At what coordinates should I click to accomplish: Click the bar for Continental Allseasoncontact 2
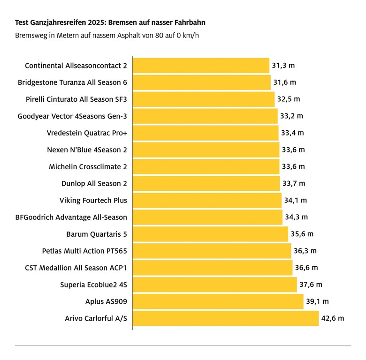(x=201, y=66)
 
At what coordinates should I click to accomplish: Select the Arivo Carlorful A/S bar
(x=225, y=319)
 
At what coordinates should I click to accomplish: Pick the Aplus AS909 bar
(x=218, y=302)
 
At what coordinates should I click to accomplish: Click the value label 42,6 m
(x=333, y=319)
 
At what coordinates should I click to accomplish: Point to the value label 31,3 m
(x=283, y=66)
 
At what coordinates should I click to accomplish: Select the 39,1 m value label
(x=317, y=302)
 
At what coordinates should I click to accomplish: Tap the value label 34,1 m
(x=296, y=201)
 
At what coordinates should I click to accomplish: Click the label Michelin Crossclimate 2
(x=88, y=167)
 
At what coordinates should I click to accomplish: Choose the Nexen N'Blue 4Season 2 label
(x=87, y=150)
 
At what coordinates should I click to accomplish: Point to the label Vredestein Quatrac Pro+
(x=87, y=133)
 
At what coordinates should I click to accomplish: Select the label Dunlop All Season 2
(x=94, y=184)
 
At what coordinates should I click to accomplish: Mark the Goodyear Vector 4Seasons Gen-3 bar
(x=205, y=116)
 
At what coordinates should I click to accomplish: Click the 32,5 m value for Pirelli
(x=289, y=99)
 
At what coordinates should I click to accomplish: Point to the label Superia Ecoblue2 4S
(x=93, y=285)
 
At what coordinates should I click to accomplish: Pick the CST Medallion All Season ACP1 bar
(x=213, y=268)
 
